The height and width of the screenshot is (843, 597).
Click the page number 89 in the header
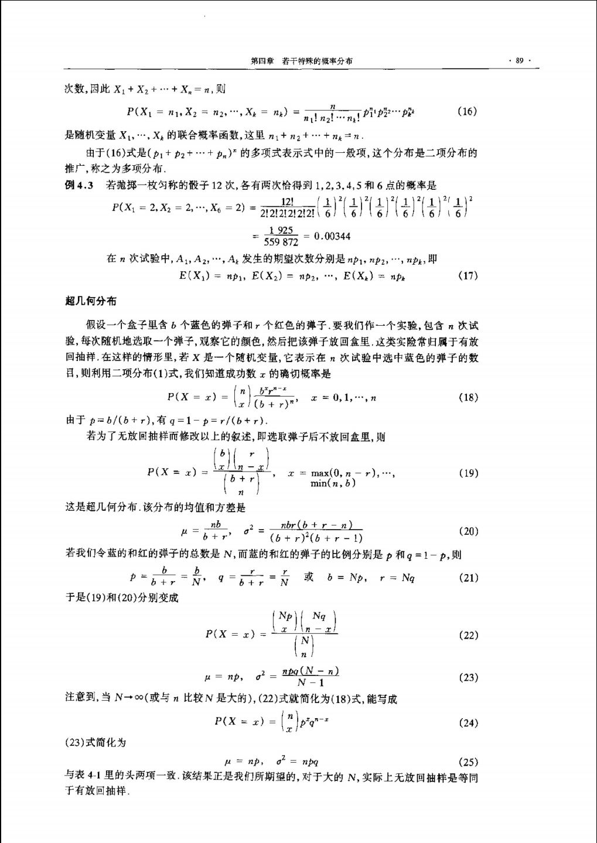tap(519, 60)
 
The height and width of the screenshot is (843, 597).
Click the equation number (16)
tap(467, 111)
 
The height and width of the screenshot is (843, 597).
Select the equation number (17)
tap(467, 275)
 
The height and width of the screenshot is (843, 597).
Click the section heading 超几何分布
tap(90, 301)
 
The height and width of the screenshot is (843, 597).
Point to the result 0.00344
tap(332, 236)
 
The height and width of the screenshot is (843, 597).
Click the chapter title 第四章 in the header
tap(262, 60)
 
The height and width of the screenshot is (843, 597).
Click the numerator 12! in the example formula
tap(287, 201)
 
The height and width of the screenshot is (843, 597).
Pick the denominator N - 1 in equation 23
tap(311, 683)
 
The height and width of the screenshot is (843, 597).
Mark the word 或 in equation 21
tap(309, 577)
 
